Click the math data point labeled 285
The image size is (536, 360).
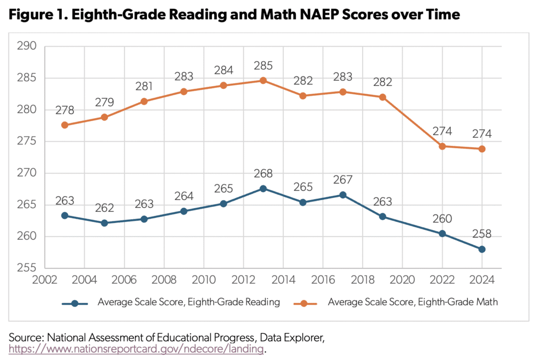tap(263, 81)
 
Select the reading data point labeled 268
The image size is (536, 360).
tap(263, 188)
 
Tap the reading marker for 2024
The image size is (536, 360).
tap(482, 249)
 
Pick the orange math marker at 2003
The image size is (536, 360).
tap(64, 125)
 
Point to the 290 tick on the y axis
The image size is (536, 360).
tap(27, 47)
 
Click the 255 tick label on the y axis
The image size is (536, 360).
tap(27, 268)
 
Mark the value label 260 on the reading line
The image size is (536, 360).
tap(442, 218)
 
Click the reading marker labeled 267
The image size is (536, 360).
tap(343, 195)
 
